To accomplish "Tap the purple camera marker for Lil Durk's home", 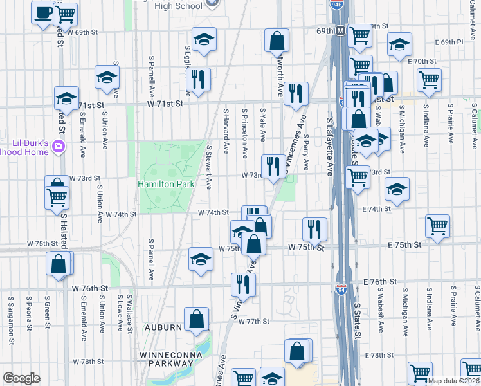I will pyautogui.click(x=59, y=147).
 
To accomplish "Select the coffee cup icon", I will pyautogui.click(x=43, y=14).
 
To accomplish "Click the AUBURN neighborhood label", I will pyautogui.click(x=162, y=327).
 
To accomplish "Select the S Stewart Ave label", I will pyautogui.click(x=209, y=167).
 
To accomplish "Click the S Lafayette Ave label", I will pyautogui.click(x=329, y=147).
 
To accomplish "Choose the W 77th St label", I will pyautogui.click(x=252, y=321).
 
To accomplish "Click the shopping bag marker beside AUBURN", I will pyautogui.click(x=196, y=318).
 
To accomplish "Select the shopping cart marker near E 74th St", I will pyautogui.click(x=437, y=226).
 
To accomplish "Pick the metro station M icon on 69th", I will pyautogui.click(x=340, y=30).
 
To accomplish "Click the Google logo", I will pyautogui.click(x=21, y=378).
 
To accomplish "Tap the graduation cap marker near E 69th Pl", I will pyautogui.click(x=399, y=46).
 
